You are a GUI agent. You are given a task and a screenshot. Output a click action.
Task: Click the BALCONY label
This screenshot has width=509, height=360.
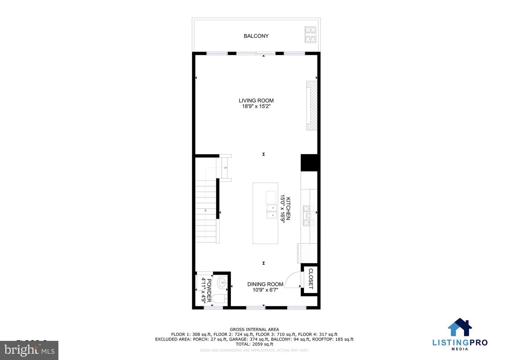pyautogui.click(x=256, y=36)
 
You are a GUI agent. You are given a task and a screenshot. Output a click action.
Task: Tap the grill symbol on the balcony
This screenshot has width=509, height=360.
pyautogui.click(x=310, y=35)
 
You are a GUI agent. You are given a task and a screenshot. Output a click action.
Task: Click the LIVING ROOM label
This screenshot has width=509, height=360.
pyautogui.click(x=256, y=100)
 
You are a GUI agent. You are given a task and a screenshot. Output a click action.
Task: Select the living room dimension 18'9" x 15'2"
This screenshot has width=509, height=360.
pyautogui.click(x=256, y=106)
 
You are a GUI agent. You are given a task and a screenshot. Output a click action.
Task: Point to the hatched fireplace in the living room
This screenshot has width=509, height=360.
pyautogui.click(x=311, y=106)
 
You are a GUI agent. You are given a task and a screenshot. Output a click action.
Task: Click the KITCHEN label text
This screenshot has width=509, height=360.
pyautogui.click(x=288, y=209)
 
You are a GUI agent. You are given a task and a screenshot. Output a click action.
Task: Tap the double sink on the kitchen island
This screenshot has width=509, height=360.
pyautogui.click(x=271, y=211)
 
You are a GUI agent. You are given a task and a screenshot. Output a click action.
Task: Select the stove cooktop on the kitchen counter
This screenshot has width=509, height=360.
pyautogui.click(x=308, y=215)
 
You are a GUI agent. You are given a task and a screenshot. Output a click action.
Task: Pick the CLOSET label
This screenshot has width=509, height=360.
pyautogui.click(x=311, y=279)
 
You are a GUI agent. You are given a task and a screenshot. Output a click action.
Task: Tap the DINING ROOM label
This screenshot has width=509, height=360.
pyautogui.click(x=265, y=284)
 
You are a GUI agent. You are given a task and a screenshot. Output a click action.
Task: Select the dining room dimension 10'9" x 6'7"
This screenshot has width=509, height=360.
pyautogui.click(x=265, y=290)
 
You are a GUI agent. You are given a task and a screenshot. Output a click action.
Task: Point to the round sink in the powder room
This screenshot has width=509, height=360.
pyautogui.click(x=222, y=282)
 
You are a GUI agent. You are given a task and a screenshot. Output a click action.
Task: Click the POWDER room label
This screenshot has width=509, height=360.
pyautogui.click(x=209, y=290)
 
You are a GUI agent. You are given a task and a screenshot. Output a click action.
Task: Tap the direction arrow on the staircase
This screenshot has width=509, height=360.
pyautogui.click(x=205, y=210)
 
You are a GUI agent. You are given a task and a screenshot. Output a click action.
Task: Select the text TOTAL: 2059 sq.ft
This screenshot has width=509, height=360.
pyautogui.click(x=254, y=344)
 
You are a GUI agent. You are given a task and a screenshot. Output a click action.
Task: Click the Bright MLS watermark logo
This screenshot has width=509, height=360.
pyautogui.click(x=29, y=350)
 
